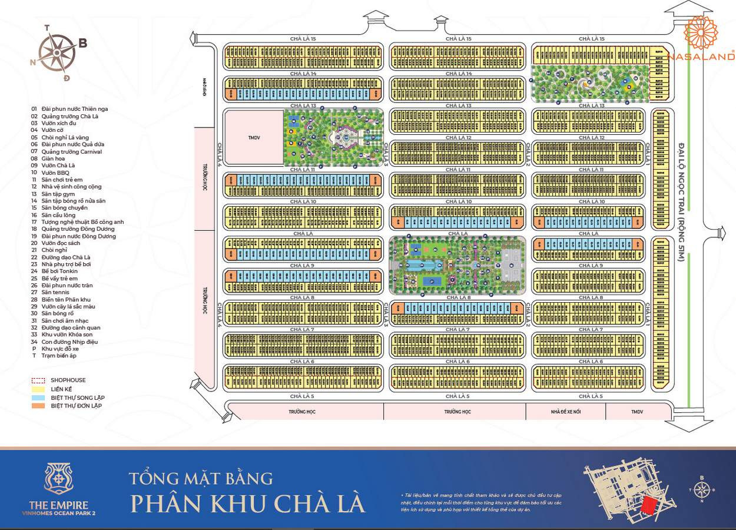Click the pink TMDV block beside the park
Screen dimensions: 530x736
pyautogui.click(x=253, y=137)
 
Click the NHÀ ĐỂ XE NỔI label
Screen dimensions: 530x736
pyautogui.click(x=566, y=412)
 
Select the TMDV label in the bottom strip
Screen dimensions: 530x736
pyautogui.click(x=638, y=412)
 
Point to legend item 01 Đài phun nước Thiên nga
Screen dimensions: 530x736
pyautogui.click(x=70, y=109)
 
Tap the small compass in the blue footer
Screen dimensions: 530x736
pyautogui.click(x=701, y=489)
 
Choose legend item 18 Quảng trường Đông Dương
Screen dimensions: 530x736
pyautogui.click(x=74, y=229)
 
